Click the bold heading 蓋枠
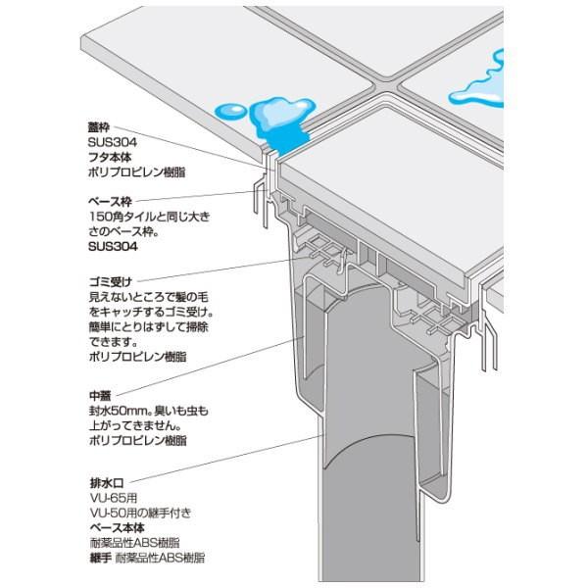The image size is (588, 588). click(x=100, y=127)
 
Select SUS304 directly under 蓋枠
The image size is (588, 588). click(x=109, y=142)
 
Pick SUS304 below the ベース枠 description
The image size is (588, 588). click(x=109, y=248)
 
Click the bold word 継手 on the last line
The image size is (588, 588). click(x=100, y=557)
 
